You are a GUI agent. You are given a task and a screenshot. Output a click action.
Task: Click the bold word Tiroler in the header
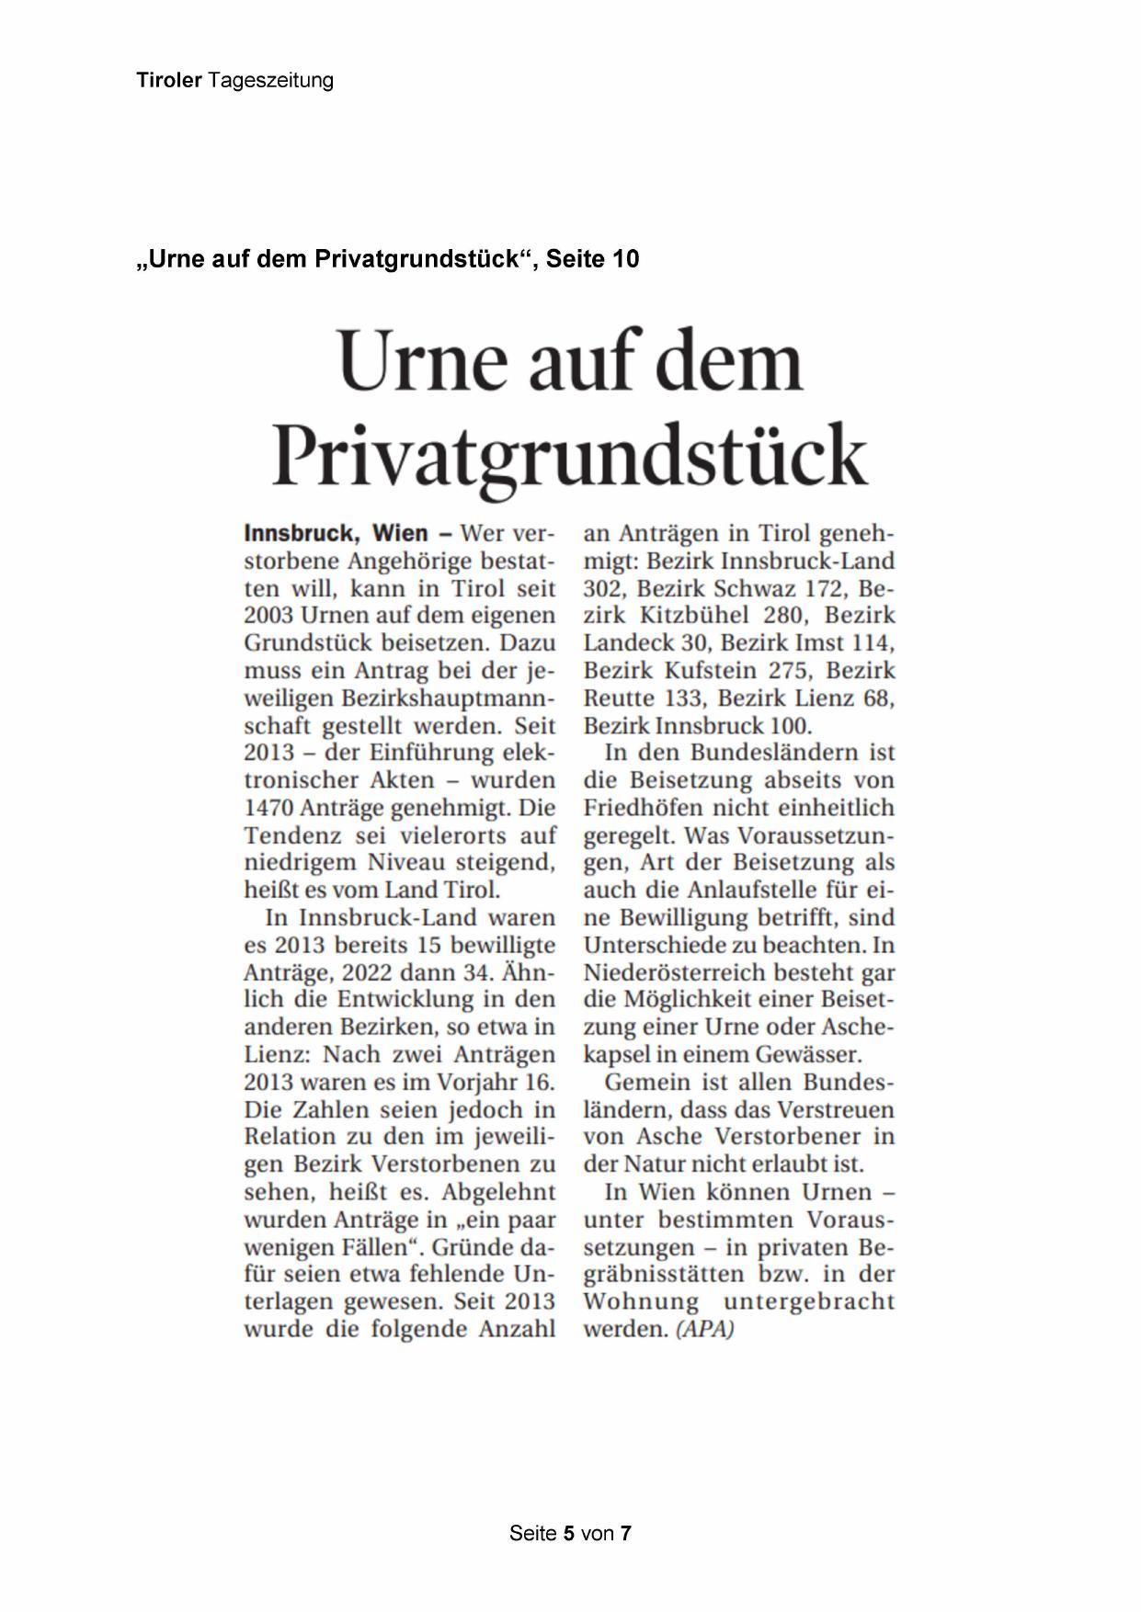tap(169, 81)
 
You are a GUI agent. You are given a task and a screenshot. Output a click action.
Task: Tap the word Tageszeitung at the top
tap(270, 81)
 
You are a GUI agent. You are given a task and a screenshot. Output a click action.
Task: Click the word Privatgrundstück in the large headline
tap(570, 455)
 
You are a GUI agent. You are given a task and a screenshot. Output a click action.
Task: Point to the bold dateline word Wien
tap(400, 533)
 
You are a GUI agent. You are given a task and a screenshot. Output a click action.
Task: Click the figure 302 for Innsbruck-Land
tap(603, 588)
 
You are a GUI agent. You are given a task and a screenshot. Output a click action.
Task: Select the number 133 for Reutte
tap(681, 698)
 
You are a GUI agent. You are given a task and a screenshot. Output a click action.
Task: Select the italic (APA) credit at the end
tap(705, 1329)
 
